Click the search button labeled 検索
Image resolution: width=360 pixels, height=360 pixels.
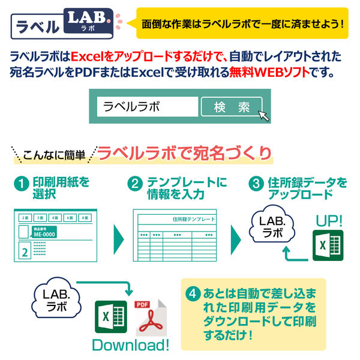tap(231, 107)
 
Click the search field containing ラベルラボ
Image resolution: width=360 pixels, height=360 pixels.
tap(148, 107)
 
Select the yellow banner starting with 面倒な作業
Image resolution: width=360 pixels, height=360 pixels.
tap(242, 24)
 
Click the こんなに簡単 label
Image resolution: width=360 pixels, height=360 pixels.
tap(53, 155)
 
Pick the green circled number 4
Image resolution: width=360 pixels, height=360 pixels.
tap(193, 295)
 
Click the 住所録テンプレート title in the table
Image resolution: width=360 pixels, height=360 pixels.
tap(192, 220)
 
